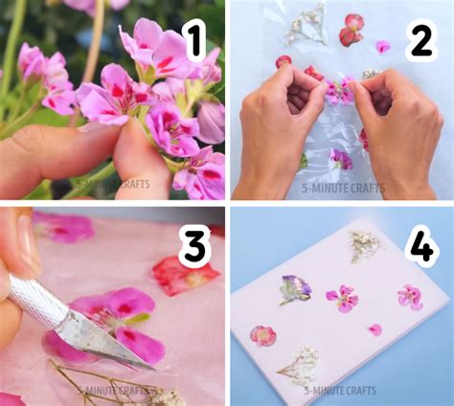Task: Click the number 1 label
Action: [193, 41]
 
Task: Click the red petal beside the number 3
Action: [184, 278]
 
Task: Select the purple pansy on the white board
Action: [295, 287]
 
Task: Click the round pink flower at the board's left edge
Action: [262, 335]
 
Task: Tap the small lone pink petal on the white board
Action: [375, 329]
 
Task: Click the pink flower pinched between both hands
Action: [337, 91]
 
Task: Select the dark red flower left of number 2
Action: [351, 30]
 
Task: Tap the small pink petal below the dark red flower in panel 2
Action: [382, 46]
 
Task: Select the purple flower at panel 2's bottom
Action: [340, 159]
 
